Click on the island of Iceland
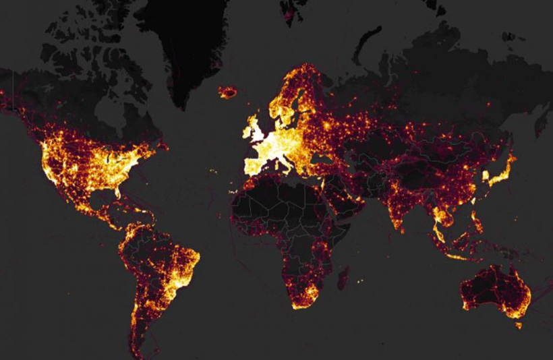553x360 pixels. click(x=229, y=91)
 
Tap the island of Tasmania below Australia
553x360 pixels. click(x=517, y=325)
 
